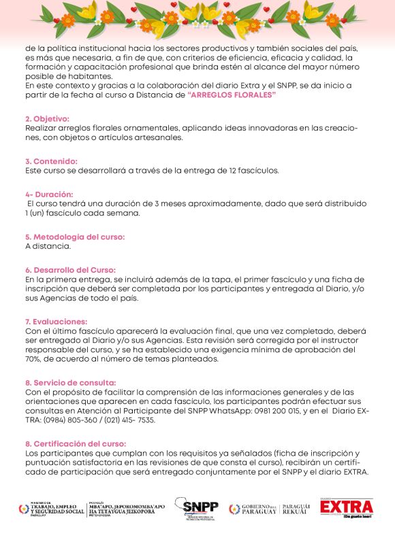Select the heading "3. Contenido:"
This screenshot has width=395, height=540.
coord(50,161)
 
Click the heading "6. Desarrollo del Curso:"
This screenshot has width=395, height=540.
coord(70,270)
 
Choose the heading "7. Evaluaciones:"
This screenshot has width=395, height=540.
coord(56,321)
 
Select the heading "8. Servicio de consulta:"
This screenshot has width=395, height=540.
coord(70,382)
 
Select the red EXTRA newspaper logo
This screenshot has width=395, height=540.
coord(347,508)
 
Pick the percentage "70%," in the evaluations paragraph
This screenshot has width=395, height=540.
coord(35,359)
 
